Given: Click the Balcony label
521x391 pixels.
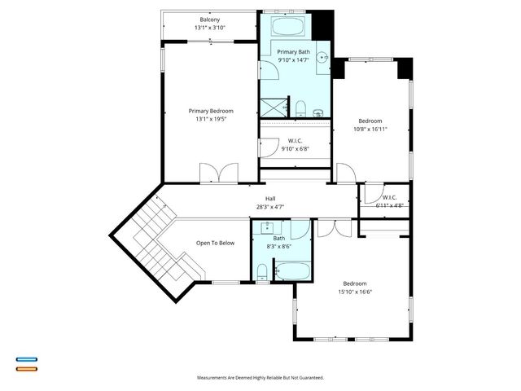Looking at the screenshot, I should tap(209, 20).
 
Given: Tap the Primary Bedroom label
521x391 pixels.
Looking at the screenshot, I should tap(211, 111).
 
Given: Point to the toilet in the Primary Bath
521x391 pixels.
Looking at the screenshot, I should tap(301, 108).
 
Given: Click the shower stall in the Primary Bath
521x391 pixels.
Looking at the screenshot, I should tap(274, 106).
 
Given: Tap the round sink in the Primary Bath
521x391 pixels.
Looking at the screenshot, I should tap(323, 58).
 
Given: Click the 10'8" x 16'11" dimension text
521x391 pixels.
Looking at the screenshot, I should tap(370, 129).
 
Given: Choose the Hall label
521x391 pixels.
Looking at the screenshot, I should tap(270, 199).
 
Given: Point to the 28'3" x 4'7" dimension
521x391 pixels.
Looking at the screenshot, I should tap(270, 207).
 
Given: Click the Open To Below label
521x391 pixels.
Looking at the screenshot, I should tap(215, 243).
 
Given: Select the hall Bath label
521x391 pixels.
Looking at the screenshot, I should tap(279, 238).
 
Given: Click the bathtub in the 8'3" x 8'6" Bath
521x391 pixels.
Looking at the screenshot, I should tap(291, 271).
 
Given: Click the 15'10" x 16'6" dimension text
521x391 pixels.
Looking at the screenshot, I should tap(358, 292).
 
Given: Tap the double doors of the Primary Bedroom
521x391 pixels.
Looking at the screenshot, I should tap(218, 174).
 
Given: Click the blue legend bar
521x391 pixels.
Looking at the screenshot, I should tap(26, 358).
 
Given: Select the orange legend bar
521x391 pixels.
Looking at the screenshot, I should tap(26, 368).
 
